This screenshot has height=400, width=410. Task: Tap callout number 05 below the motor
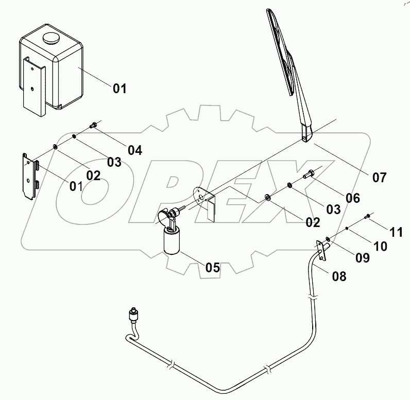pos(212,267)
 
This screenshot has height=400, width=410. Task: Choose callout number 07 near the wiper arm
pos(379,178)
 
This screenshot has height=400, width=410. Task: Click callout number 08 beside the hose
pos(339,276)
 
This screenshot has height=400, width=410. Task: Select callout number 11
pos(396,232)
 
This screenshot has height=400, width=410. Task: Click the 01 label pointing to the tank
pos(119,89)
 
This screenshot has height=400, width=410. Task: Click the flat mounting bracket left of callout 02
pos(31,175)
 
